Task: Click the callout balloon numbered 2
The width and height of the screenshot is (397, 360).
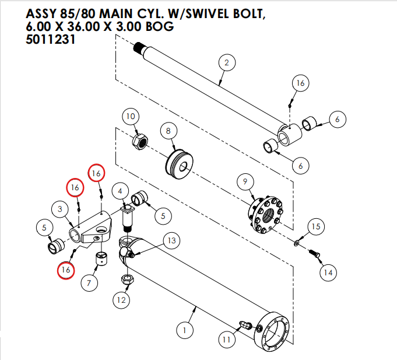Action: point(226,63)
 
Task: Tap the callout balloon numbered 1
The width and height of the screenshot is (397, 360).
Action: point(184,331)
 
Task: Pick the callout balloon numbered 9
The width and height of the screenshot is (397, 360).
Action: point(245,183)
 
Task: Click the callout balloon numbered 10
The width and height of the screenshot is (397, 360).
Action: point(131,116)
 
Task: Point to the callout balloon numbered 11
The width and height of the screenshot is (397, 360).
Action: point(226,339)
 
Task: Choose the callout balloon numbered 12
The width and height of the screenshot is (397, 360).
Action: point(121,300)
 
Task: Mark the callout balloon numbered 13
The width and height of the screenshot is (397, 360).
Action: point(171,240)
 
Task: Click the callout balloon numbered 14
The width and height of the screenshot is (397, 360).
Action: point(328,272)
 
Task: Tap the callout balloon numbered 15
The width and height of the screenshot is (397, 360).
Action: point(315,226)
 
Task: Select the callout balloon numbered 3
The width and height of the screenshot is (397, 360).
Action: point(60,208)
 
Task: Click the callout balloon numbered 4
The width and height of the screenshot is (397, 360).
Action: point(120,191)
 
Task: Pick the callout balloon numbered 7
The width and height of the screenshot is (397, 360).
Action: point(89,284)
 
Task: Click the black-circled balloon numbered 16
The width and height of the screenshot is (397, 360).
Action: point(300,83)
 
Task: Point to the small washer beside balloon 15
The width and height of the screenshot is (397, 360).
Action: point(297,242)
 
